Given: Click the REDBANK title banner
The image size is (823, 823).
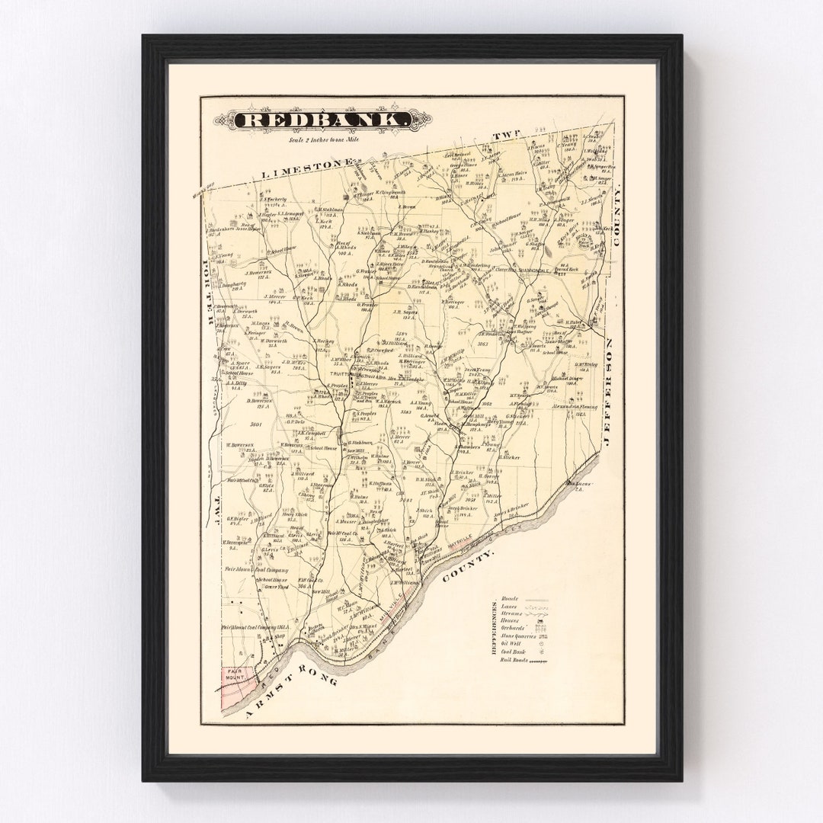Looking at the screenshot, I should (x=322, y=120).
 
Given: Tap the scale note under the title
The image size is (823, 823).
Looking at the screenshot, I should (x=323, y=139).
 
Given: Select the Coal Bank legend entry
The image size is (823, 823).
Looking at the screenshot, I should (x=514, y=652).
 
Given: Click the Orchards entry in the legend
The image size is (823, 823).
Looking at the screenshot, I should (x=514, y=626).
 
